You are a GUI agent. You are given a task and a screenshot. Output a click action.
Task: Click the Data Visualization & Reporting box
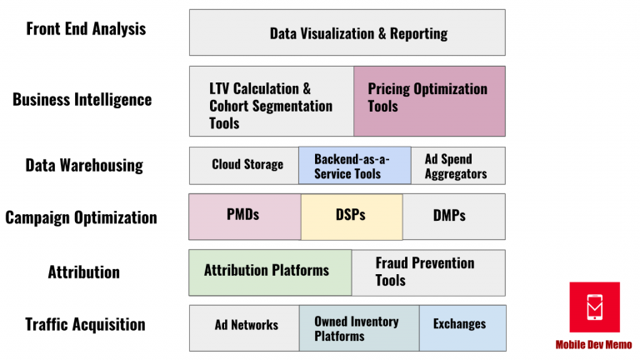pos(347,32)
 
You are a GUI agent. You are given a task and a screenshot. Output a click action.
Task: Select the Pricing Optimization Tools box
pos(429,101)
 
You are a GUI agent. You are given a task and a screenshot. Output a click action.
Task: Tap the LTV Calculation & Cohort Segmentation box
pos(272,101)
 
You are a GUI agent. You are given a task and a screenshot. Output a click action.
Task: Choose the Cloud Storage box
pos(244,166)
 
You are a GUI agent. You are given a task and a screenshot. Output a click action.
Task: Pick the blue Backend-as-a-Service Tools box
pos(355,165)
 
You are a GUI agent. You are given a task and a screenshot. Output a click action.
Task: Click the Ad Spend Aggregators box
pos(458,166)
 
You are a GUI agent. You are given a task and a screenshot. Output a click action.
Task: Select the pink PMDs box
pos(245,217)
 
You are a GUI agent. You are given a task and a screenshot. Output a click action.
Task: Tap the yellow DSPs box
pos(352,217)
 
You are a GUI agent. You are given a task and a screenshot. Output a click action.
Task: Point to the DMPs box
pos(454,217)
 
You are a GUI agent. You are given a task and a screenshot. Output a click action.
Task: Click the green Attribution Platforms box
pos(270,272)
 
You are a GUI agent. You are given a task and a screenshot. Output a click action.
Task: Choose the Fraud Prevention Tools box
pos(428,272)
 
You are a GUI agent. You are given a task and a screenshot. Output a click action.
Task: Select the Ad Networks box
pos(244,327)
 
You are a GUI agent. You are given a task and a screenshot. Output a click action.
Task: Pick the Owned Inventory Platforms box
pos(359,327)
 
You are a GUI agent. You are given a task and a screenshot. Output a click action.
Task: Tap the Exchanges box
pos(462,327)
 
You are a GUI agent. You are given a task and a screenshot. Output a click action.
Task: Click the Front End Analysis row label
pos(86,28)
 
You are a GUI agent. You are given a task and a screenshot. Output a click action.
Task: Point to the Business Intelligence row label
pos(82,100)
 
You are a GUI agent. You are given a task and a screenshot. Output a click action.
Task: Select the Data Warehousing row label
pos(84,165)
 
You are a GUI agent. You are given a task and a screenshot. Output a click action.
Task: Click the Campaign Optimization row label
pos(81,217)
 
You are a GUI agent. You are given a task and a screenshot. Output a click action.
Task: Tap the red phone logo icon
pos(595,307)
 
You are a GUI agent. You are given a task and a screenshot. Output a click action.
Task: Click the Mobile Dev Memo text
pos(593,345)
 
